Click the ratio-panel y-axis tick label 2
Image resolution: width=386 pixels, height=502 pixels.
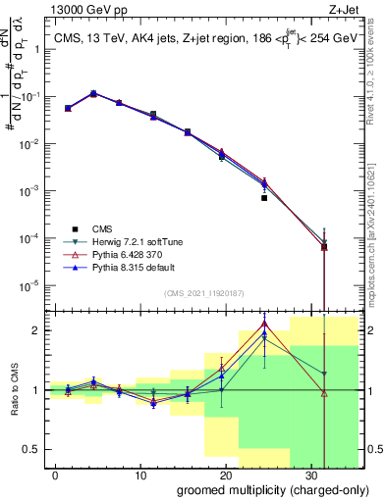(35, 330)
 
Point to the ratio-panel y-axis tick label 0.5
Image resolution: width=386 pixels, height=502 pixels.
(31, 449)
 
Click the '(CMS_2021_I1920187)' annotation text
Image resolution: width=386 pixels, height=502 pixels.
(202, 293)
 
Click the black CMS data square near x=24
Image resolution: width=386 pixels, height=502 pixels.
(264, 198)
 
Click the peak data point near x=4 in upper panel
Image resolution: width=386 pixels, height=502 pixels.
(93, 94)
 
